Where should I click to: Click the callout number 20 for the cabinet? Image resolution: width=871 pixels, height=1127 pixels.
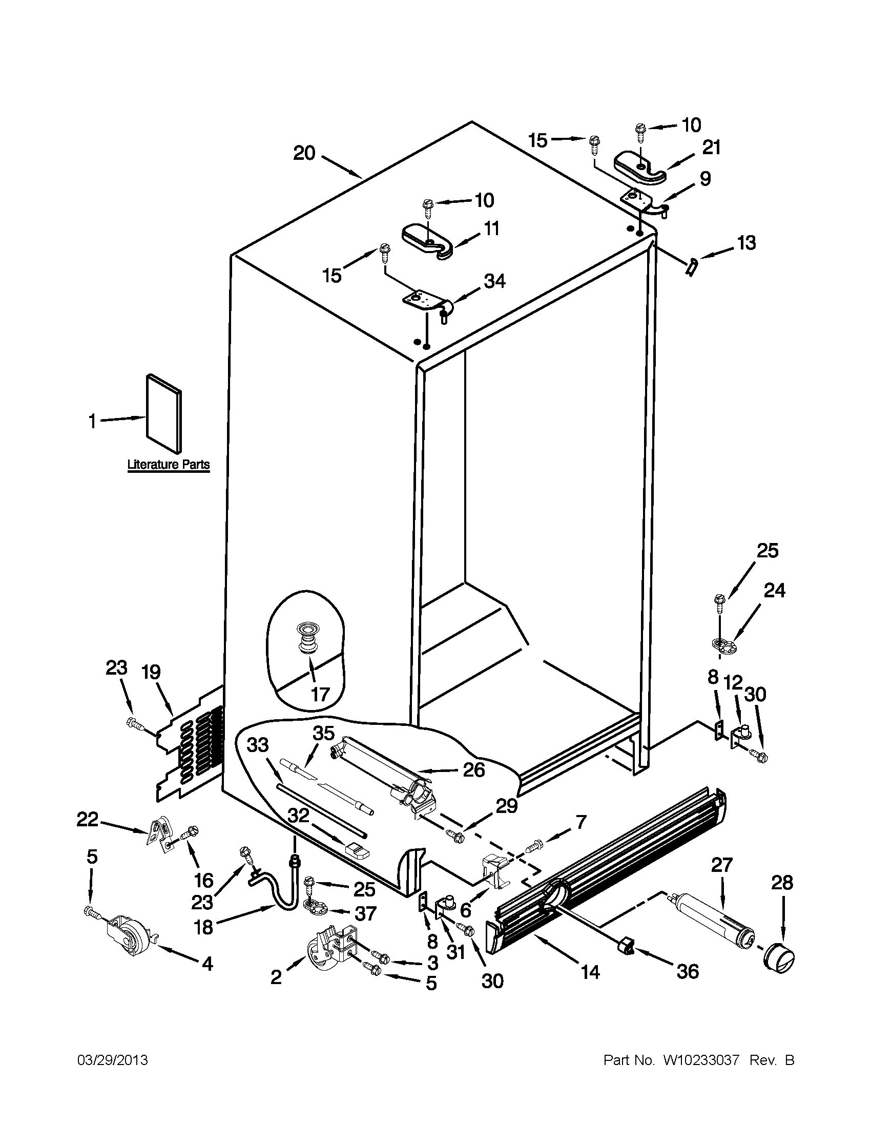(304, 153)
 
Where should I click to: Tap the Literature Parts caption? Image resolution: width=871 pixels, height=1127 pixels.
(168, 465)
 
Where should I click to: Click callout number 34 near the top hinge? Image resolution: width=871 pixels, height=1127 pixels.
(494, 281)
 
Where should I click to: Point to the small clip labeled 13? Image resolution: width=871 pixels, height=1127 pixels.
(691, 267)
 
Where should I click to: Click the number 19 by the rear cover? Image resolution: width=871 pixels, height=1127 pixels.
(151, 672)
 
